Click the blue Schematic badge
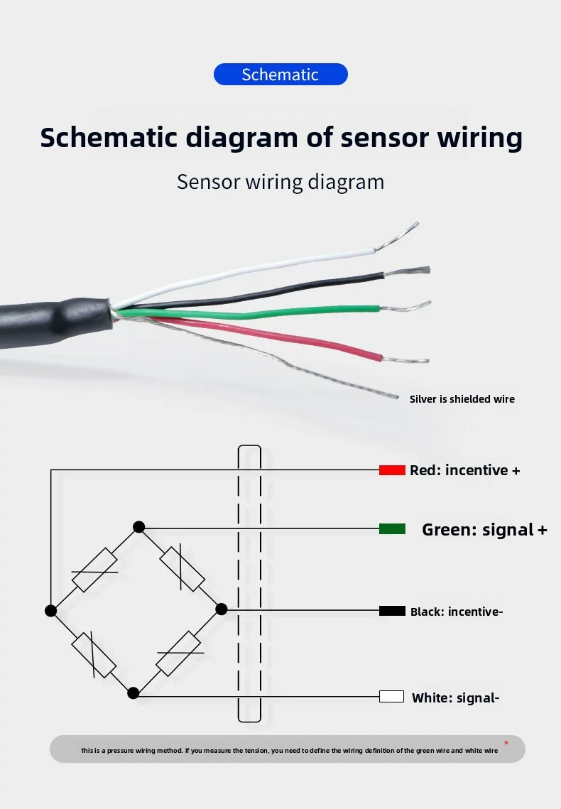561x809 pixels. click(x=280, y=75)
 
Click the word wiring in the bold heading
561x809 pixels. click(x=479, y=138)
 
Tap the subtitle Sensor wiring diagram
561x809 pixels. click(x=280, y=182)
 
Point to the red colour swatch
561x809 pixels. click(x=392, y=470)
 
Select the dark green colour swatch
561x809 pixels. click(x=392, y=529)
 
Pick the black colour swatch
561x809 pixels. click(x=392, y=611)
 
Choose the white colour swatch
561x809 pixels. click(x=391, y=697)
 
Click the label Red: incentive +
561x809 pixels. click(x=465, y=470)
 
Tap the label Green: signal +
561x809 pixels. click(x=485, y=530)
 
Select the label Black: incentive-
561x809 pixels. click(x=457, y=612)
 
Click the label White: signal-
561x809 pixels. click(x=456, y=697)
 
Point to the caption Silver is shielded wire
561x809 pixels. click(x=462, y=399)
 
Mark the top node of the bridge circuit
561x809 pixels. click(x=138, y=527)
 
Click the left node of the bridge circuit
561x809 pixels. click(x=50, y=611)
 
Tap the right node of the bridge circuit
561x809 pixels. click(x=221, y=609)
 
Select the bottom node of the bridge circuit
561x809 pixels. click(x=133, y=693)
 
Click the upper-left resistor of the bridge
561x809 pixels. click(x=95, y=570)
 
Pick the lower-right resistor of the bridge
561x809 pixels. click(x=179, y=653)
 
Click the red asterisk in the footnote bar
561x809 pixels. click(x=506, y=743)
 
